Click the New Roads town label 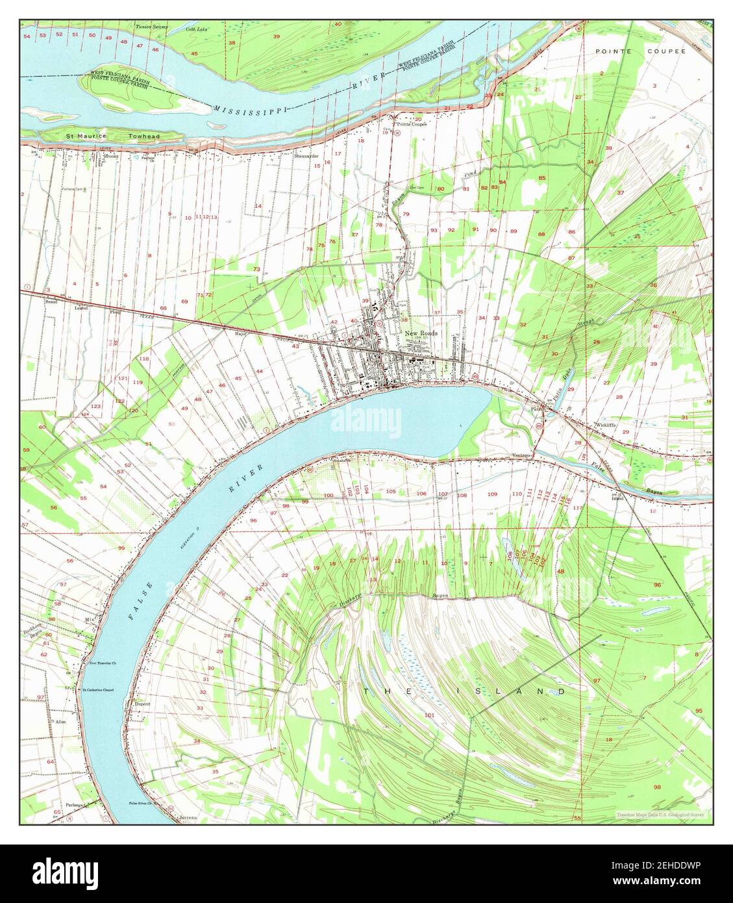pyautogui.click(x=421, y=333)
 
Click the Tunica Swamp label pyautogui.click(x=151, y=27)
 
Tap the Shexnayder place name pyautogui.click(x=307, y=156)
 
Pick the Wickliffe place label pyautogui.click(x=607, y=426)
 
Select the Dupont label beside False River pyautogui.click(x=142, y=703)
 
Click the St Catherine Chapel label pyautogui.click(x=98, y=689)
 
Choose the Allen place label pyautogui.click(x=61, y=721)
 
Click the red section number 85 pyautogui.click(x=541, y=177)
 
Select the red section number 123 pyautogui.click(x=95, y=405)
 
